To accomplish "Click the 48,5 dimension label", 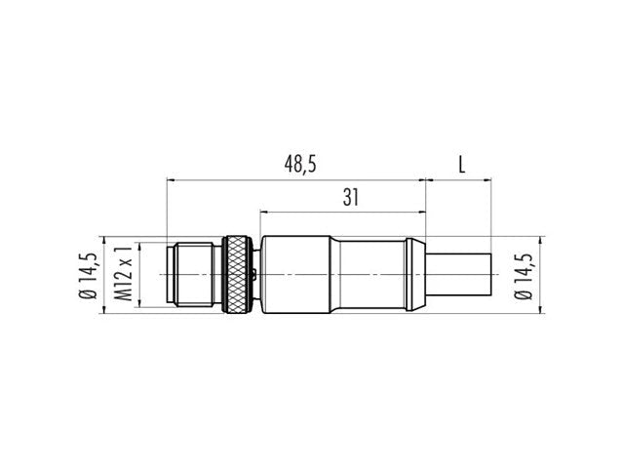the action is (x=300, y=165).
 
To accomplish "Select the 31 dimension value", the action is (x=351, y=198).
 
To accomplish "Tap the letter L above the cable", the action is (x=461, y=165).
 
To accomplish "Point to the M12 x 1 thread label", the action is (x=123, y=274).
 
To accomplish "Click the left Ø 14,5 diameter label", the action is (x=88, y=275).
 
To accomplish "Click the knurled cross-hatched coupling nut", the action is (x=237, y=275).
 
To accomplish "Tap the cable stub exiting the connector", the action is (x=459, y=275).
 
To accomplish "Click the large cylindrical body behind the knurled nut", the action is (x=295, y=275).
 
